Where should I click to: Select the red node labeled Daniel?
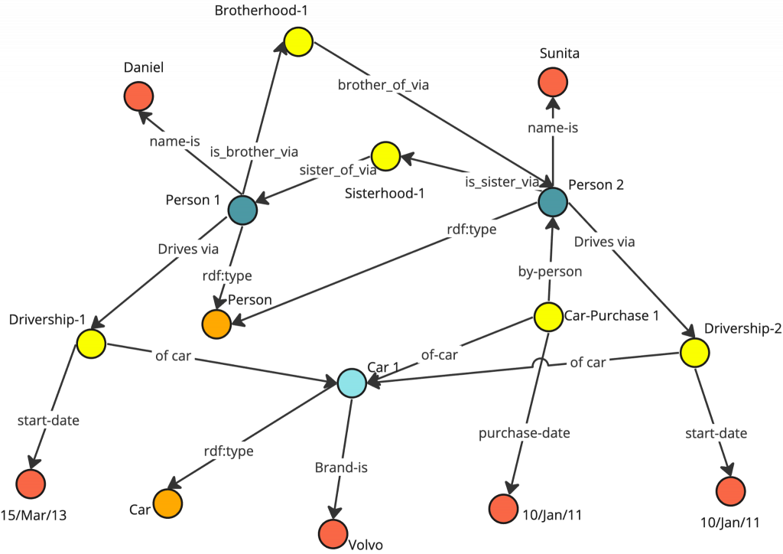click(138, 96)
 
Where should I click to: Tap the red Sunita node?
click(553, 81)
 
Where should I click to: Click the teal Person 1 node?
click(242, 209)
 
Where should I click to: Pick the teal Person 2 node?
click(552, 202)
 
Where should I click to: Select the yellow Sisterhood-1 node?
click(385, 156)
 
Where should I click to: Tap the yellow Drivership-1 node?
click(90, 344)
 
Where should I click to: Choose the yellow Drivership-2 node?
click(694, 353)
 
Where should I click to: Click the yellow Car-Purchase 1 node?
click(548, 317)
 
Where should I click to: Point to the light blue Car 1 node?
click(352, 382)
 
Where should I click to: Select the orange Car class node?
click(167, 503)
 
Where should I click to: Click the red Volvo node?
click(333, 533)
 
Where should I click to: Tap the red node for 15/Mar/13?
click(31, 484)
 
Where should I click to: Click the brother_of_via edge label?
click(383, 85)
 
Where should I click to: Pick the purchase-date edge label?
click(525, 433)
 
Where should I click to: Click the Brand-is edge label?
click(342, 467)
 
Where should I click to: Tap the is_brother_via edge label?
click(254, 152)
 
